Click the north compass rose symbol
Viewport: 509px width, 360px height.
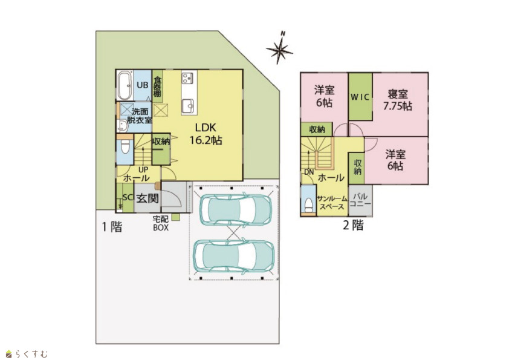pyautogui.click(x=279, y=49)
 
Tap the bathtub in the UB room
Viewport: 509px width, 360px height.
pyautogui.click(x=125, y=85)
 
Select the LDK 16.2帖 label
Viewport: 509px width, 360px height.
pyautogui.click(x=206, y=134)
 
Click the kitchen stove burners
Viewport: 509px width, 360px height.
pyautogui.click(x=187, y=77)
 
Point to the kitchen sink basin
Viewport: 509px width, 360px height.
pyautogui.click(x=187, y=106)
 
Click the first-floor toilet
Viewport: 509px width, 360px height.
pyautogui.click(x=125, y=148)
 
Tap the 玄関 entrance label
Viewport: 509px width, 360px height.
pyautogui.click(x=148, y=198)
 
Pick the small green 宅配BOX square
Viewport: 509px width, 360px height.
pyautogui.click(x=175, y=217)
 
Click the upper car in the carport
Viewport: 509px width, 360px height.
pyautogui.click(x=235, y=209)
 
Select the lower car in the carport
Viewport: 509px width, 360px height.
pyautogui.click(x=234, y=256)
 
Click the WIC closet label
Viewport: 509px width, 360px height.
pyautogui.click(x=360, y=97)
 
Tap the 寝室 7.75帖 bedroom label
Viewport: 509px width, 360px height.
pyautogui.click(x=398, y=100)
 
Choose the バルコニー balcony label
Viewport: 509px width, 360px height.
pyautogui.click(x=360, y=200)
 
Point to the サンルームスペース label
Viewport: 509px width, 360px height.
pyautogui.click(x=332, y=203)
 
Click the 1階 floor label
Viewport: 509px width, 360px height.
pyautogui.click(x=112, y=226)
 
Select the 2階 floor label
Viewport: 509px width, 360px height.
pyautogui.click(x=353, y=225)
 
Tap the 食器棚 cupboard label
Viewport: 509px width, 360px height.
pyautogui.click(x=157, y=87)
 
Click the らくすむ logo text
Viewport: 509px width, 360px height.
pyautogui.click(x=31, y=353)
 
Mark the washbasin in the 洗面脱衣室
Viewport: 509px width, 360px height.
pyautogui.click(x=122, y=126)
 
